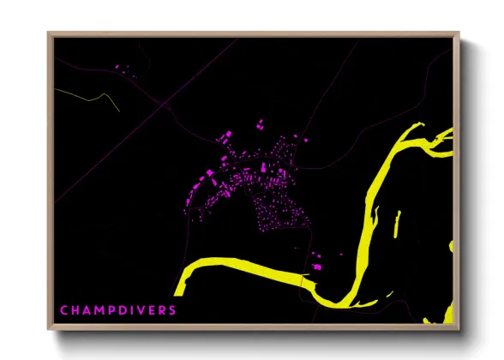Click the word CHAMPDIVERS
(118, 309)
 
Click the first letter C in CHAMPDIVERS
(64, 309)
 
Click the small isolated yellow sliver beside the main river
(397, 225)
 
